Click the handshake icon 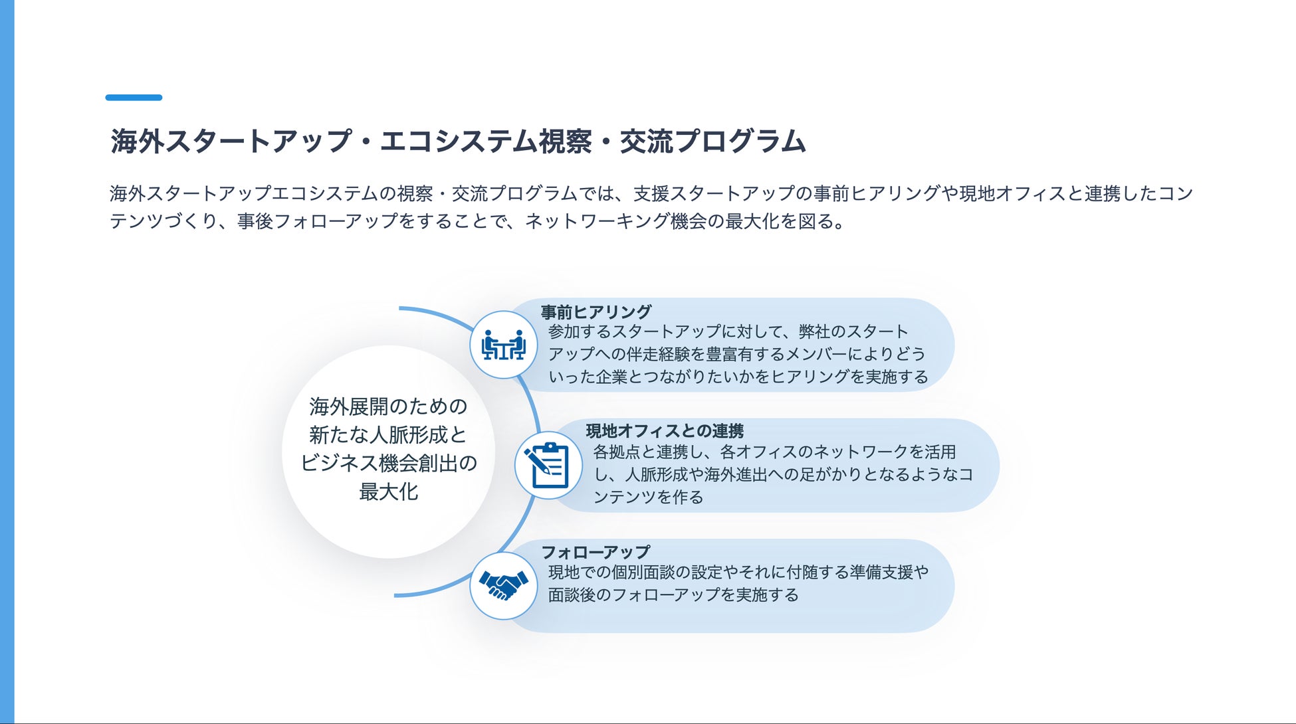click(x=503, y=586)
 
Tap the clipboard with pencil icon click(x=548, y=465)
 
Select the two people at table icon click(x=503, y=345)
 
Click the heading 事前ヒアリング click(x=595, y=312)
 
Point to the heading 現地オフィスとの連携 click(x=664, y=431)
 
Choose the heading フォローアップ click(x=595, y=552)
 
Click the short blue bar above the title click(x=134, y=98)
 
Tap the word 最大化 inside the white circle click(x=388, y=492)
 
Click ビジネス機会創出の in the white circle click(x=388, y=463)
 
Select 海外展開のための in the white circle click(x=388, y=406)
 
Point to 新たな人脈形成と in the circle click(x=388, y=434)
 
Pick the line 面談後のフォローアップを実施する click(x=673, y=594)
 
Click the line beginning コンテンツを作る click(x=648, y=497)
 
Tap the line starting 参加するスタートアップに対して click(x=728, y=331)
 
